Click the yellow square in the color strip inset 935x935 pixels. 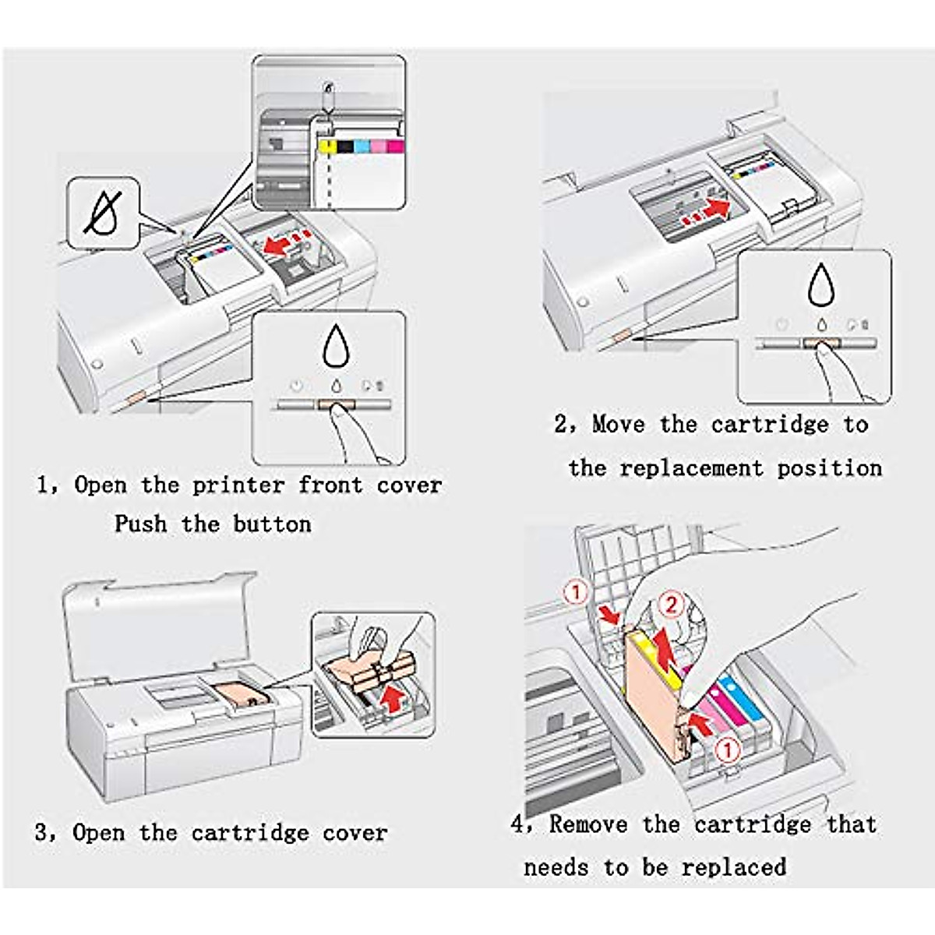327,146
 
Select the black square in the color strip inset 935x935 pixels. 344,146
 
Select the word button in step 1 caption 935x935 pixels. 272,524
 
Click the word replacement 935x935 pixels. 691,468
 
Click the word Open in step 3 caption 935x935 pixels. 99,833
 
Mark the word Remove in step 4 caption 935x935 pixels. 588,824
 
